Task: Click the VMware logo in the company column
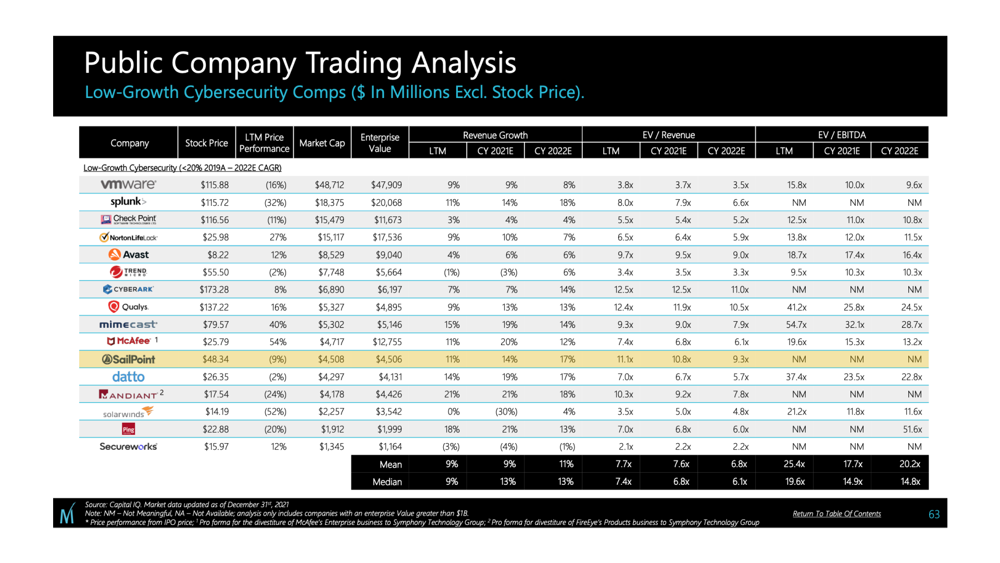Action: tap(128, 185)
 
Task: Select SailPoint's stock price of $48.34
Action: tap(215, 359)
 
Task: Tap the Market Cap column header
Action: tap(322, 143)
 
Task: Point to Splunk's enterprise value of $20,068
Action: tap(386, 202)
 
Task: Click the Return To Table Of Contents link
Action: tap(836, 513)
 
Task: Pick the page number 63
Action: tap(934, 515)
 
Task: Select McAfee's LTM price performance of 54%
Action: tap(278, 342)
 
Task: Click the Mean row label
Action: tap(390, 464)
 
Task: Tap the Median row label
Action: tap(387, 482)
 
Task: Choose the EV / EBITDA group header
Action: tap(842, 135)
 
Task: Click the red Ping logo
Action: tap(128, 429)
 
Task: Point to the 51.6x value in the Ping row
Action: tap(911, 429)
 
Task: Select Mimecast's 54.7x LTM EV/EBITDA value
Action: tap(796, 324)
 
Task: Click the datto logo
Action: tap(128, 376)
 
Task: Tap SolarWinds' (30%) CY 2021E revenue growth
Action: tap(506, 411)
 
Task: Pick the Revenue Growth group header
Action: tap(495, 135)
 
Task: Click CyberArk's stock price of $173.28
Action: tap(214, 289)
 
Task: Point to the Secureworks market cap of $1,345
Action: tap(331, 446)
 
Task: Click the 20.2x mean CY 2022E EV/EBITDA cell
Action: tap(910, 464)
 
